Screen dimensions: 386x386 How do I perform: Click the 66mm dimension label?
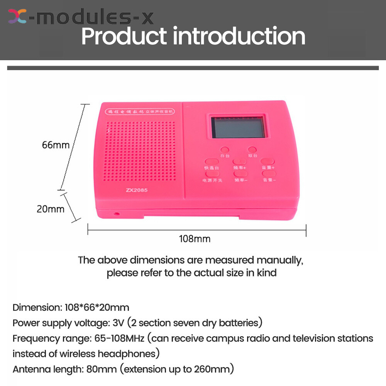point(56,145)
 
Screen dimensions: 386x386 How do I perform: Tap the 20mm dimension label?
point(51,209)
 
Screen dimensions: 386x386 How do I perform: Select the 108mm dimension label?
point(195,239)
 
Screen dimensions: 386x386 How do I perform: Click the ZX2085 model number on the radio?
point(137,190)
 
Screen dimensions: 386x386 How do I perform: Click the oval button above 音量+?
point(267,161)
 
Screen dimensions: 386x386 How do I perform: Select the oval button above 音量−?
point(268,174)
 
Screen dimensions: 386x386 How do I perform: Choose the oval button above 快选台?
point(212,161)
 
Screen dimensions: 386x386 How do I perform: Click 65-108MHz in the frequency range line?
point(119,339)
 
